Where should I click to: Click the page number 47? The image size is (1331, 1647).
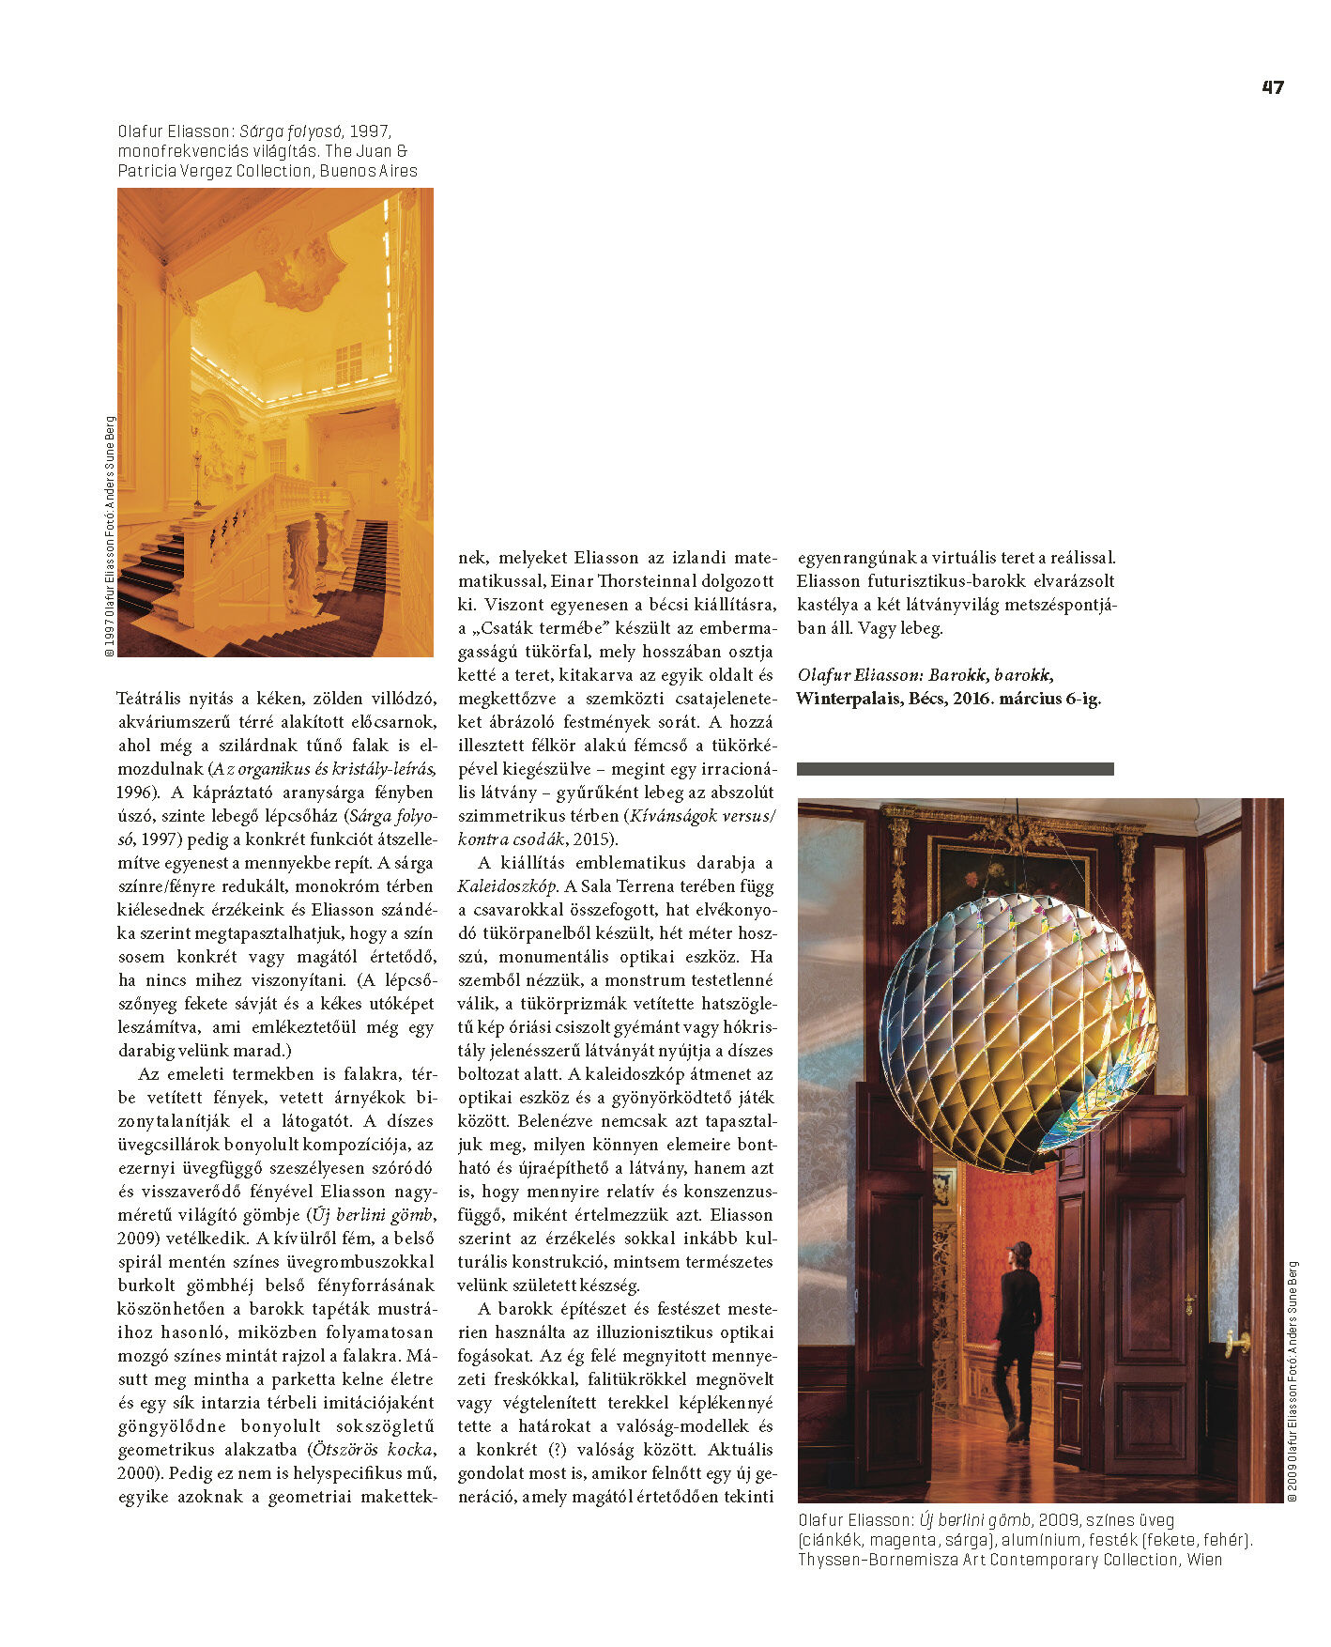tap(1272, 87)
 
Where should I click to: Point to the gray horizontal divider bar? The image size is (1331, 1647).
tap(955, 769)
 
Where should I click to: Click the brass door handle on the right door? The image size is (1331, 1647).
tap(1237, 1342)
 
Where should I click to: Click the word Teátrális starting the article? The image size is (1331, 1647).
tap(150, 698)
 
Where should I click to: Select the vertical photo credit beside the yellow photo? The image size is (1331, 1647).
tap(110, 535)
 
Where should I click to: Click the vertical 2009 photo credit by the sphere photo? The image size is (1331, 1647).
tap(1292, 1380)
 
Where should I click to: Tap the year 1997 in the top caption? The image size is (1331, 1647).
tap(369, 131)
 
